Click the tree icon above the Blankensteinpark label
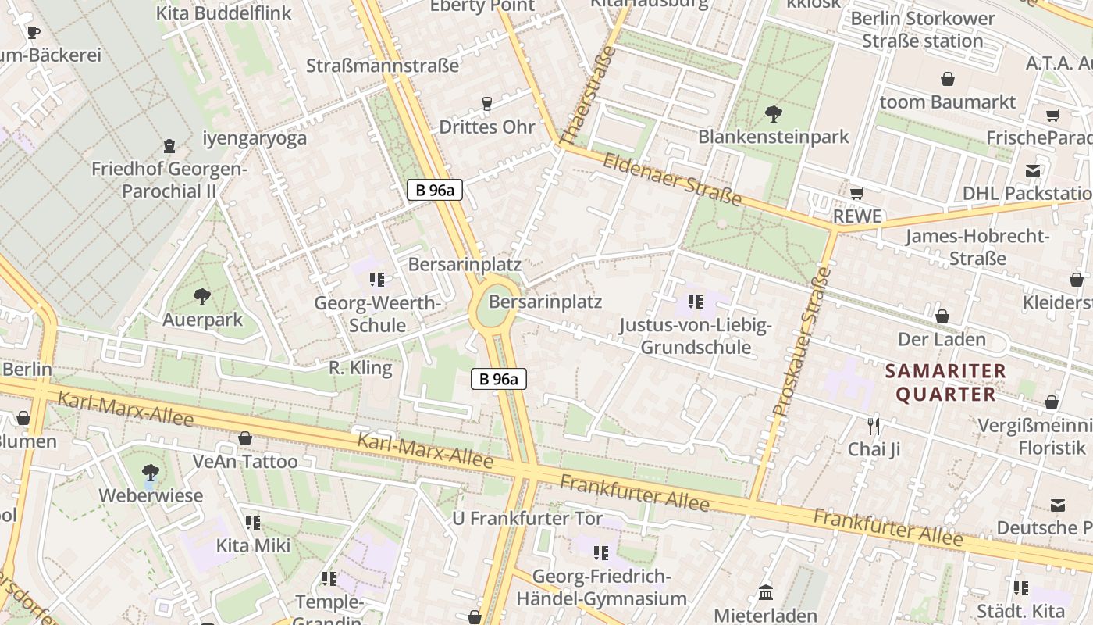coord(773,114)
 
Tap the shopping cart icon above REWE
coord(856,193)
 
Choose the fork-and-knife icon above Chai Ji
coord(874,426)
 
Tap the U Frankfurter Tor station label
coord(528,518)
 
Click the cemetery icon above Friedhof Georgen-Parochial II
coord(169,145)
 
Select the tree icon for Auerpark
coord(202,296)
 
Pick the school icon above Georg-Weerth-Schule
coord(377,279)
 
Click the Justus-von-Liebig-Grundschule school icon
coord(696,301)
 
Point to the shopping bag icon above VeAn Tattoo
coord(245,438)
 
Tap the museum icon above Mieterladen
coord(765,593)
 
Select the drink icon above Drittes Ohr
coord(487,103)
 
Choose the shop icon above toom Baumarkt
coord(948,79)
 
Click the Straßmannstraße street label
coord(383,66)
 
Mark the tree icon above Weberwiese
coord(150,472)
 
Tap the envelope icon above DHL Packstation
coord(1033,170)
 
